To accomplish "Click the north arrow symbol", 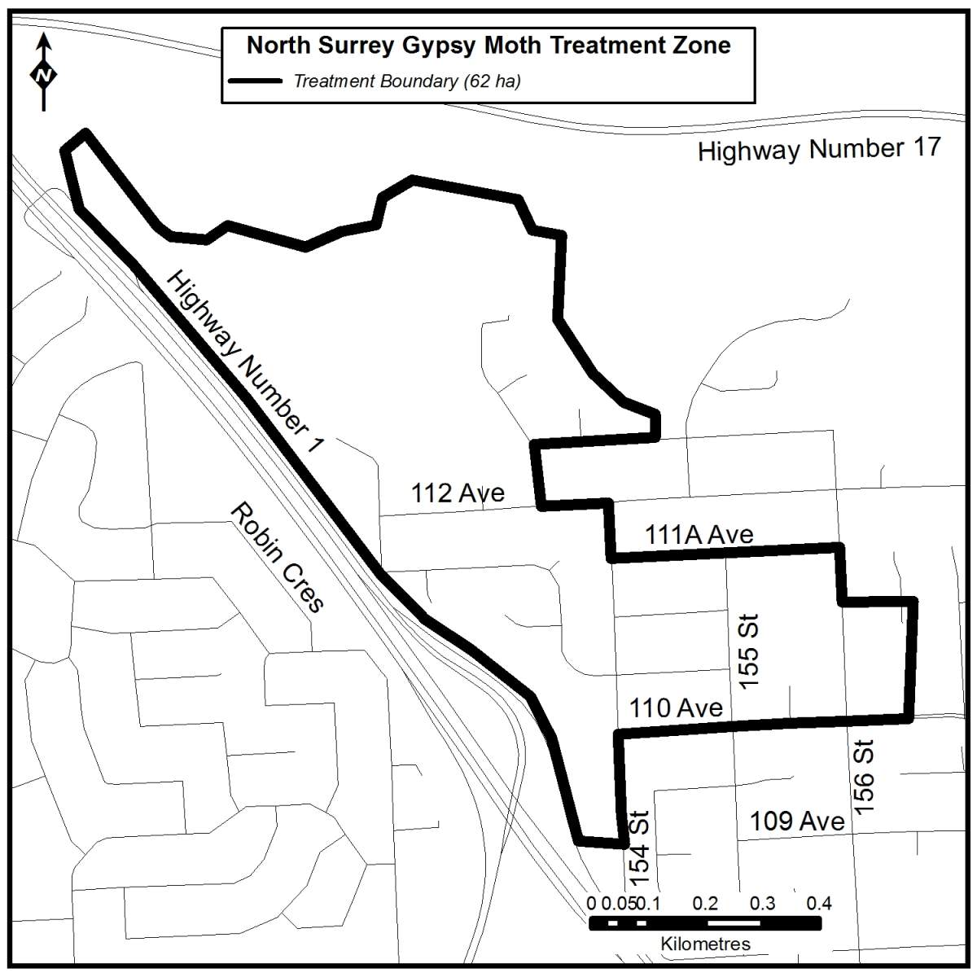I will click(44, 73).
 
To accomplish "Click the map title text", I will click(488, 46).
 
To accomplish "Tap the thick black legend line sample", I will click(254, 81).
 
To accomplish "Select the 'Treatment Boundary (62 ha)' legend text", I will click(407, 81).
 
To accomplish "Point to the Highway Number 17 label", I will click(819, 150).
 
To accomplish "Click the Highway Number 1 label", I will click(245, 362).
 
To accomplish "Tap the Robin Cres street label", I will click(278, 557).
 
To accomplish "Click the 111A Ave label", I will click(699, 535).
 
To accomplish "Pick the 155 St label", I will click(747, 651).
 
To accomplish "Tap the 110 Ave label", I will click(676, 708).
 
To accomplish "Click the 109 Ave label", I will click(796, 821).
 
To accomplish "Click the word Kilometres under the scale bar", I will click(705, 944).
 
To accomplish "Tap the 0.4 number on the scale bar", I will click(819, 904).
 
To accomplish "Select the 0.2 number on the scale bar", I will click(705, 904).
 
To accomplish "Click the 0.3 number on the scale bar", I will click(762, 904).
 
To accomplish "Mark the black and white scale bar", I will click(705, 922).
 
